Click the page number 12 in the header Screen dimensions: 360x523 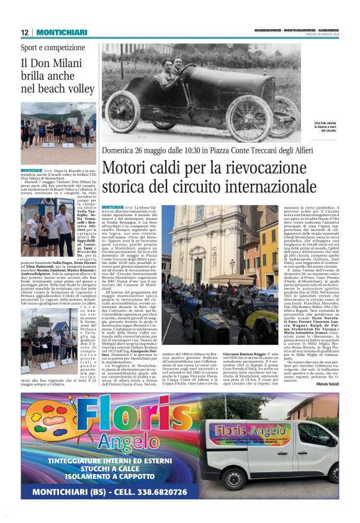pos(25,32)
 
